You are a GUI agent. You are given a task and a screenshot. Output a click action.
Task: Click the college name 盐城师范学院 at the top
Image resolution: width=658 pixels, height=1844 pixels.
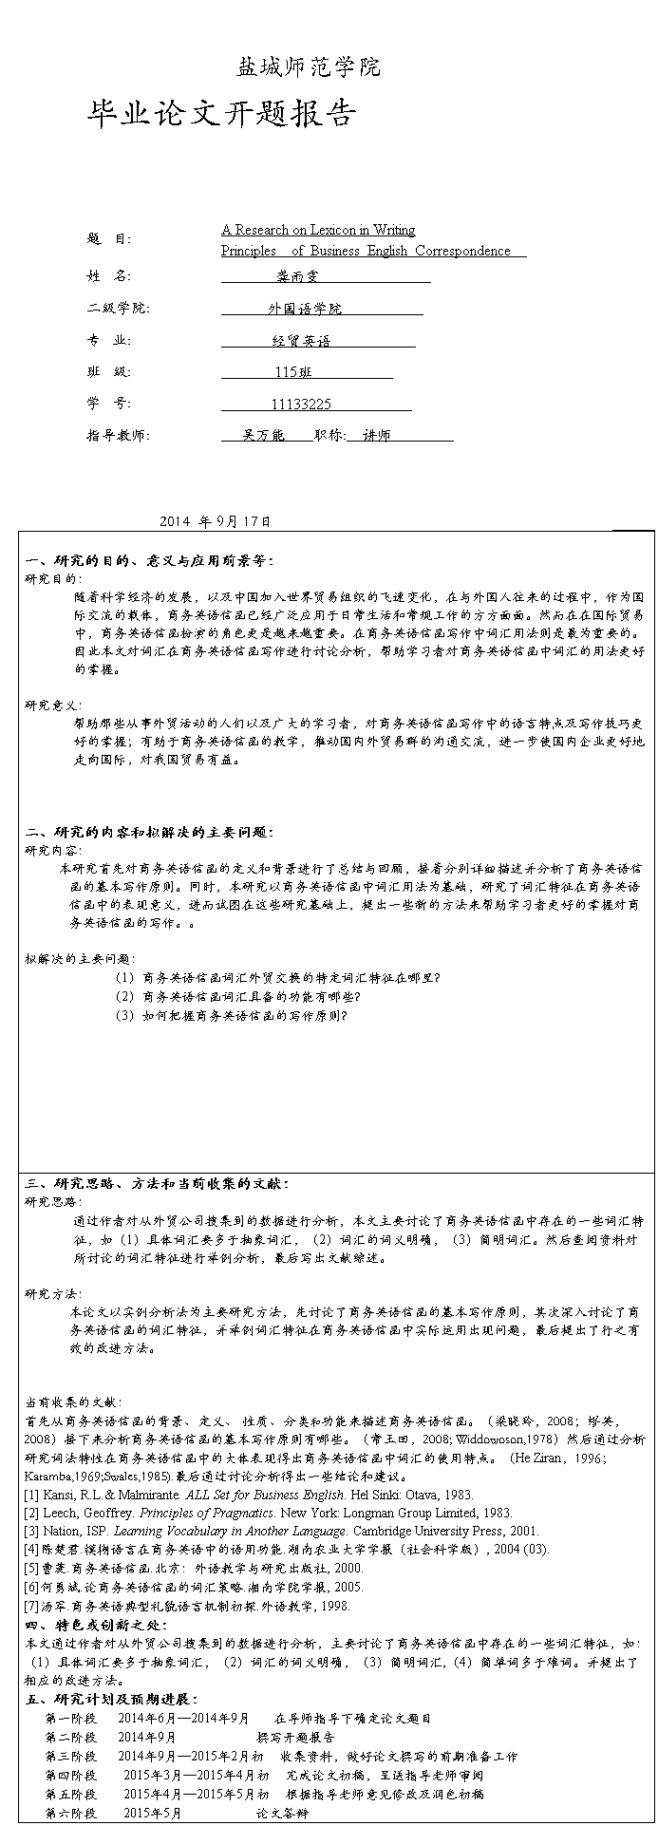tap(308, 67)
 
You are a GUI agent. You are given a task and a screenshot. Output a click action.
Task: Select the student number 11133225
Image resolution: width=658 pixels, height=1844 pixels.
tap(301, 405)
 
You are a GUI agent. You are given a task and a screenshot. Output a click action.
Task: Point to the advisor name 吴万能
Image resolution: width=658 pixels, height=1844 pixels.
tap(263, 436)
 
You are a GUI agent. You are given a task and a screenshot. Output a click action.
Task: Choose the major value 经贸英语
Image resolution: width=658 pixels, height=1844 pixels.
tap(301, 341)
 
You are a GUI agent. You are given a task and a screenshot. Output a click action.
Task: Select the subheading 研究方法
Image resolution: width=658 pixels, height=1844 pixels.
tap(53, 1293)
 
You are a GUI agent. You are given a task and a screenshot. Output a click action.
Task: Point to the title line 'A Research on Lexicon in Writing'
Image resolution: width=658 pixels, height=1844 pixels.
tap(318, 230)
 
